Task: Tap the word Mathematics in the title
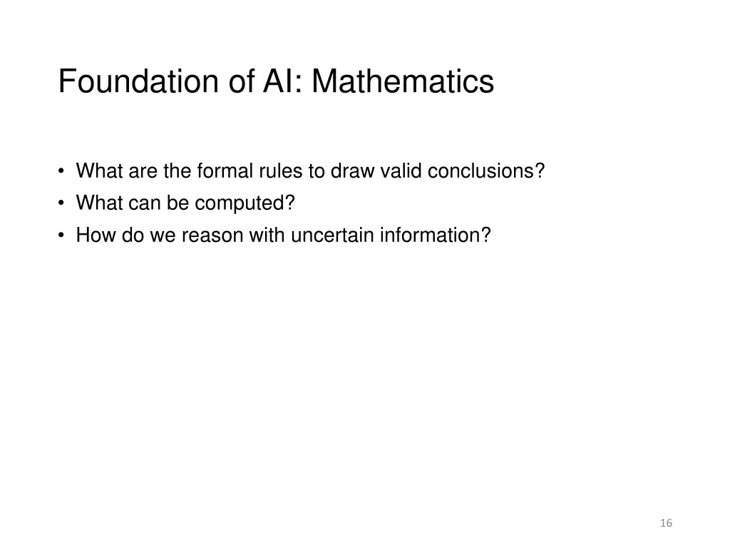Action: coord(402,81)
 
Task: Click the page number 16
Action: coord(667,523)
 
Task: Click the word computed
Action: coord(245,203)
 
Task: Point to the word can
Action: coord(145,203)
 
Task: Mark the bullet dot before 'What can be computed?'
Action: coord(63,204)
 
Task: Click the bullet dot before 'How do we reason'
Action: coord(63,235)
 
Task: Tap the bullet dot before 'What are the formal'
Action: coord(63,172)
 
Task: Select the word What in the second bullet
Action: coord(100,203)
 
